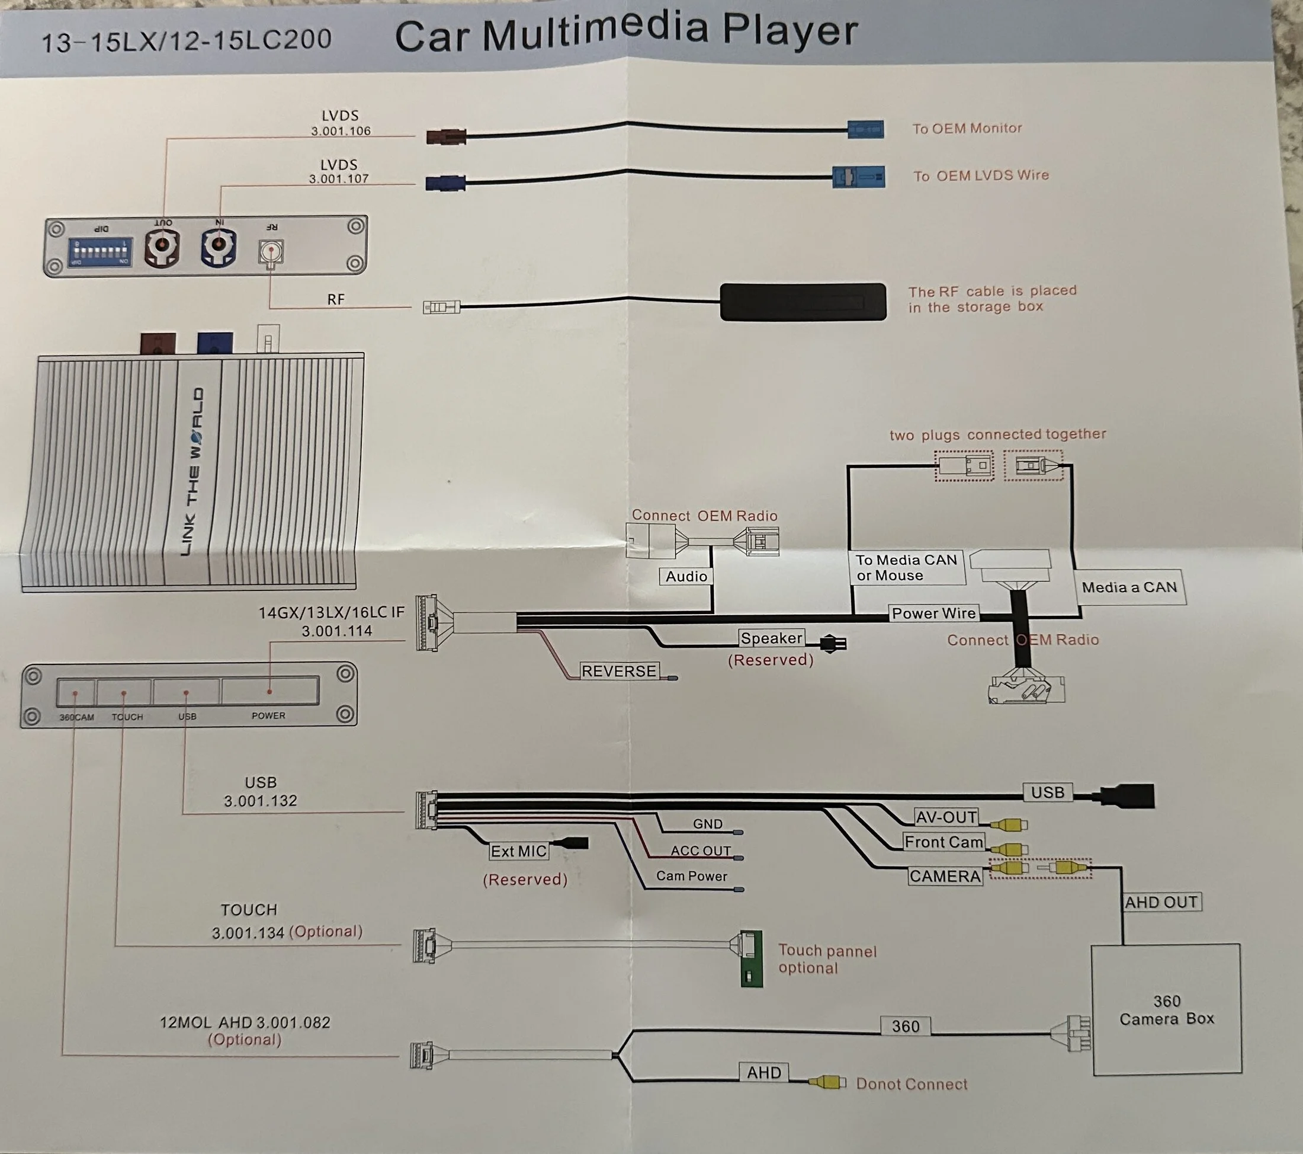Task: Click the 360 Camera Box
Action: pyautogui.click(x=1167, y=1009)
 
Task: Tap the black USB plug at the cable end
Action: pyautogui.click(x=1128, y=795)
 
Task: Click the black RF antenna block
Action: pyautogui.click(x=803, y=302)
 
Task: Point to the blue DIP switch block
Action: pyautogui.click(x=100, y=252)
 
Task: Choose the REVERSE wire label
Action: pyautogui.click(x=618, y=671)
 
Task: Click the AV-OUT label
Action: pyautogui.click(x=946, y=817)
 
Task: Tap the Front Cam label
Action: pyautogui.click(x=943, y=842)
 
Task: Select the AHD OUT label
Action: pyautogui.click(x=1161, y=902)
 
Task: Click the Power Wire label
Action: pyautogui.click(x=933, y=613)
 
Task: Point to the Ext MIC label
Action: pyautogui.click(x=518, y=851)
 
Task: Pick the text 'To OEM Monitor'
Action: pyautogui.click(x=967, y=128)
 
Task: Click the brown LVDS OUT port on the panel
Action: pyautogui.click(x=162, y=247)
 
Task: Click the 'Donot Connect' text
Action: pyautogui.click(x=912, y=1084)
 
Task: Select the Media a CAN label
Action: pyautogui.click(x=1129, y=587)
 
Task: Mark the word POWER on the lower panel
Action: pyautogui.click(x=268, y=716)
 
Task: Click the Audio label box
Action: pyautogui.click(x=686, y=576)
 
